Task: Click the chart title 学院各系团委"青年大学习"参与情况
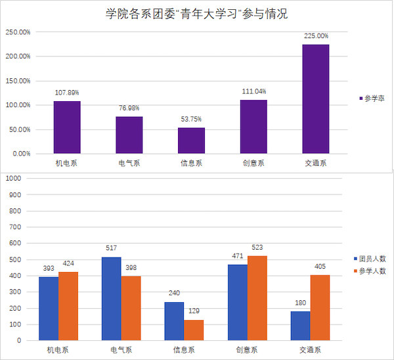click(x=197, y=13)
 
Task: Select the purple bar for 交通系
click(x=316, y=99)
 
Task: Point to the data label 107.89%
click(x=68, y=93)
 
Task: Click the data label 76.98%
click(x=129, y=108)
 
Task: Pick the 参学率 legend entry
click(x=371, y=98)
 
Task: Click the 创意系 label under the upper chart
click(x=253, y=164)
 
